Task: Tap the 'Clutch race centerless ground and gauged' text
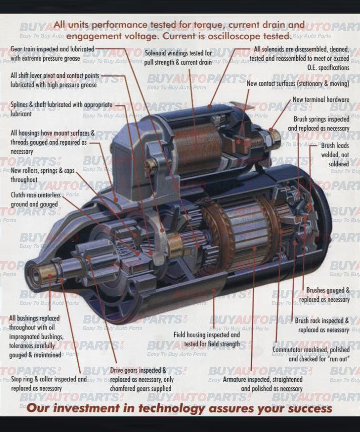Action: [35, 199]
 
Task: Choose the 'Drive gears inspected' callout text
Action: [141, 379]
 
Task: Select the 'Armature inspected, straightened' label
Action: [263, 384]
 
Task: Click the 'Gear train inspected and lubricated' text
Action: [52, 54]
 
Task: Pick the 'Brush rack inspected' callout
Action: [322, 325]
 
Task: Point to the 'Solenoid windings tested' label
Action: [178, 57]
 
